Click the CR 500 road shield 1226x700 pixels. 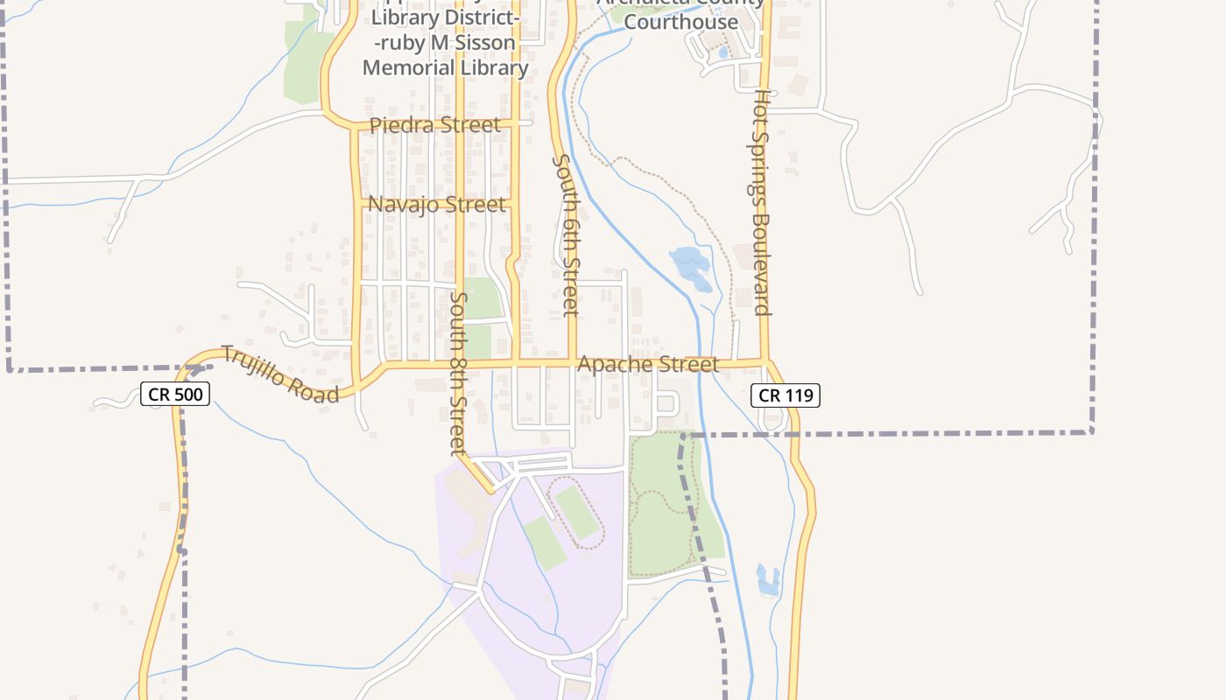(175, 395)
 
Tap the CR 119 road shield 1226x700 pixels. (786, 395)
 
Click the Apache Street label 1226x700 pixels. (649, 364)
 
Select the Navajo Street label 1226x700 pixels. (437, 205)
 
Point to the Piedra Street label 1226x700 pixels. (435, 125)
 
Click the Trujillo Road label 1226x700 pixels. (279, 374)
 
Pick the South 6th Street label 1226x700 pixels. (566, 234)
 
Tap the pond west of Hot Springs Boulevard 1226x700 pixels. (691, 267)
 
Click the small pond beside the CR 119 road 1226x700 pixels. (767, 579)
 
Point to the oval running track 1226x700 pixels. (577, 512)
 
